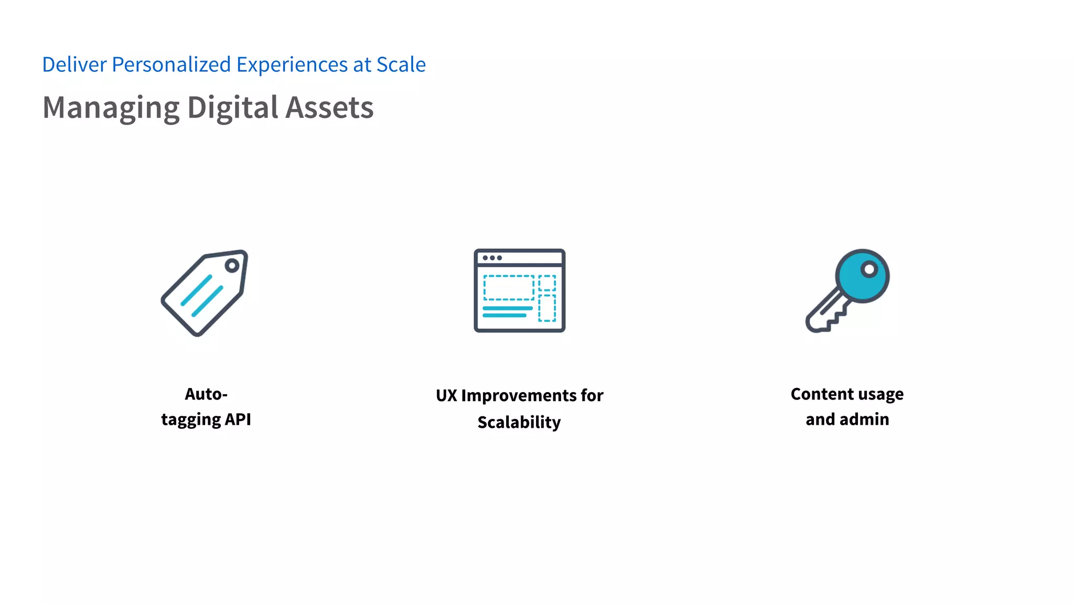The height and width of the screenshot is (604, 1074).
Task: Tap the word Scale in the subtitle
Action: (x=401, y=65)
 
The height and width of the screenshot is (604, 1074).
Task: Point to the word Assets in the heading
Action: (x=329, y=107)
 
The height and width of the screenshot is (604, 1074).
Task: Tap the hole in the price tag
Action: (x=232, y=266)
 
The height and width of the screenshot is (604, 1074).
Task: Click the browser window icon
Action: (x=519, y=290)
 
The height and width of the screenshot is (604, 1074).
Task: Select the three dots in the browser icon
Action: (x=492, y=258)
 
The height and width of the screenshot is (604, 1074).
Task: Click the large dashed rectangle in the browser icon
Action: (x=508, y=288)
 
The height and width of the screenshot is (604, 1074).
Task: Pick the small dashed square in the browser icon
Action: (x=547, y=283)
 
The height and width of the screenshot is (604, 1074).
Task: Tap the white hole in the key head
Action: (x=869, y=269)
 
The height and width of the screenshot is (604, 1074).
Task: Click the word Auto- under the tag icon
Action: (x=206, y=394)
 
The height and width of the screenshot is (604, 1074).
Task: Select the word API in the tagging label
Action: (x=238, y=419)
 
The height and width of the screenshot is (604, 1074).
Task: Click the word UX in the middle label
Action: (x=446, y=396)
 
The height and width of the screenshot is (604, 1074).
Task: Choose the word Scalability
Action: (x=519, y=422)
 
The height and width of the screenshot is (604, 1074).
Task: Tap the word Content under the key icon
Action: (x=822, y=394)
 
